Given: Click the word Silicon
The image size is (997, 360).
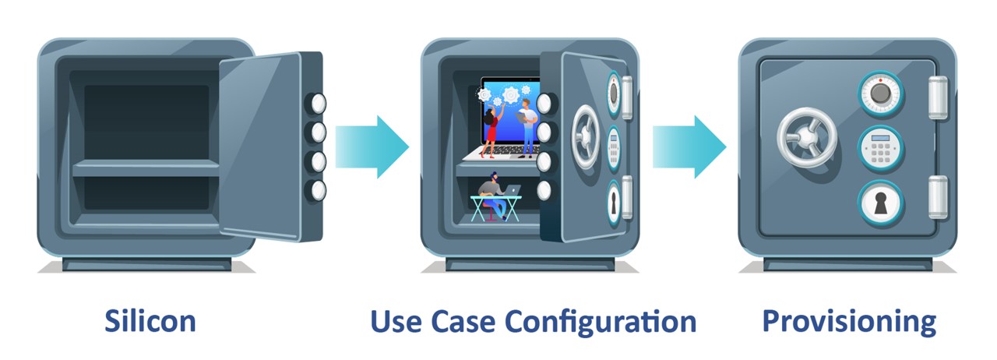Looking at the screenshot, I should pyautogui.click(x=150, y=321).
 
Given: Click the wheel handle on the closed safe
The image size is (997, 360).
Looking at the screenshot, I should pyautogui.click(x=806, y=139).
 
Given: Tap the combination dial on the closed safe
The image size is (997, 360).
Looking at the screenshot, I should pyautogui.click(x=879, y=94).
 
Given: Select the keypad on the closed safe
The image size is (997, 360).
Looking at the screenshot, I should pyautogui.click(x=880, y=148).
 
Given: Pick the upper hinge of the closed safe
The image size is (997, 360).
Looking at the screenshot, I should pyautogui.click(x=937, y=97).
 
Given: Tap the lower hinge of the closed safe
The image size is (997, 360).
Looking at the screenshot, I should pyautogui.click(x=937, y=196).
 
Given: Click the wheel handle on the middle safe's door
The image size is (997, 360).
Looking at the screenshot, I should pyautogui.click(x=586, y=136).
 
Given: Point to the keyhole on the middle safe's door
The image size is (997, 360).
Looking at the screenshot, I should pyautogui.click(x=614, y=203).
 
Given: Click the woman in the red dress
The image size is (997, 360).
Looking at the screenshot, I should pyautogui.click(x=491, y=132).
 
